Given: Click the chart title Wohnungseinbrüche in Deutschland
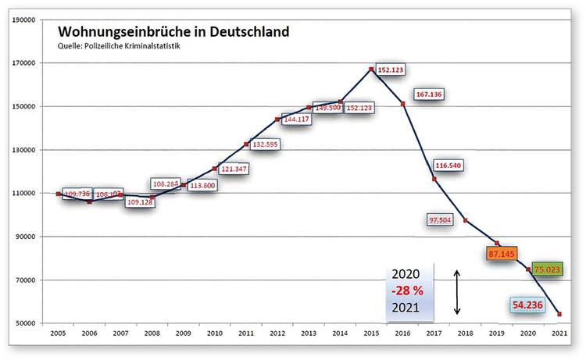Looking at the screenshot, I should pyautogui.click(x=173, y=32).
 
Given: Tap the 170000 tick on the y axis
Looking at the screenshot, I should pyautogui.click(x=22, y=62).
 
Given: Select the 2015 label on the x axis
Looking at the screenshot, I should pyautogui.click(x=371, y=333).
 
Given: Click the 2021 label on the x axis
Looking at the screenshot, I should pyautogui.click(x=559, y=333).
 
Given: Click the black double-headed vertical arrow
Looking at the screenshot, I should pyautogui.click(x=458, y=292).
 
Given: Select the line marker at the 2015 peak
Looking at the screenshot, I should pyautogui.click(x=371, y=70).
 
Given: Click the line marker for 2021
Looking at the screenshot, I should pyautogui.click(x=559, y=314).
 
